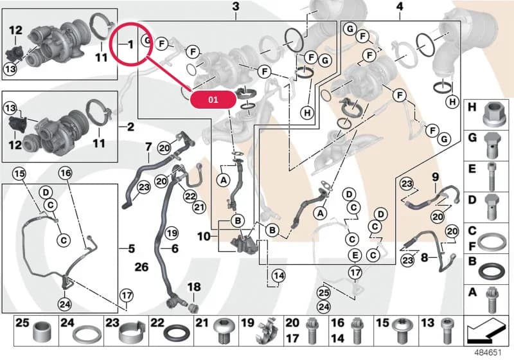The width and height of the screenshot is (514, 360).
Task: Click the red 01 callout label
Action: pos(213,99)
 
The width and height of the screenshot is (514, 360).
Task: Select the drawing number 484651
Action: pos(488,353)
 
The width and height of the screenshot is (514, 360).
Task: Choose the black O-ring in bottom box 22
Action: pos(177,334)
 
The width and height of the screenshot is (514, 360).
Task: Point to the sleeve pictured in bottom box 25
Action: pos(41,333)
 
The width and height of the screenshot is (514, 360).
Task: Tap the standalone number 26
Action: pos(141,267)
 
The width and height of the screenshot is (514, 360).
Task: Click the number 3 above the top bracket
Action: pos(236,6)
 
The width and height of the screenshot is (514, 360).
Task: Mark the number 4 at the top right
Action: pos(400,6)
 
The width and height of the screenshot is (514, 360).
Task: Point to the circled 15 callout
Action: pos(19,173)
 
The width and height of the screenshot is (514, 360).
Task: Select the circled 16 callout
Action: pos(66,173)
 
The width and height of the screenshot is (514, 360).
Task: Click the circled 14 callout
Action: pos(279,276)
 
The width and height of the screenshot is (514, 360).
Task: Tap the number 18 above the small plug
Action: pos(194,287)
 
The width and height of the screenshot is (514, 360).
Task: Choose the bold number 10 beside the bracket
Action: pos(204,236)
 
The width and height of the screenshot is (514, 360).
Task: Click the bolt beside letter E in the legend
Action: pos(491,175)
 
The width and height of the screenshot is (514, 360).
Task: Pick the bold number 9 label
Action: pos(435,177)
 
